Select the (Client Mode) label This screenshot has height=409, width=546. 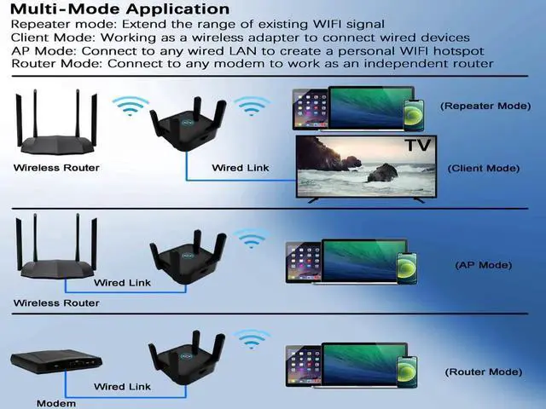483,169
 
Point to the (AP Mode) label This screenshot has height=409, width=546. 483,265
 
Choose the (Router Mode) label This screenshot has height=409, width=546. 483,372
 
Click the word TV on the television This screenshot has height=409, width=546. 417,146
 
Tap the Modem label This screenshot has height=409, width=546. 56,402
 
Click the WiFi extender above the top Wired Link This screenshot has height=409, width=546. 187,128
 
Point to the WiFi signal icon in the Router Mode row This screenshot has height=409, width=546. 252,340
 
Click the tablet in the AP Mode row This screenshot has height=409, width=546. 303,262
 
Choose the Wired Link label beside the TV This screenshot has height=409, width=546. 241,168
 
